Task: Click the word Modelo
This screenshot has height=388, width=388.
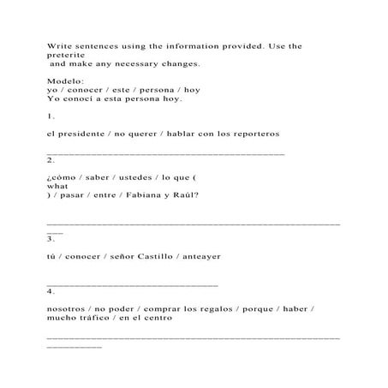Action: pos(63,81)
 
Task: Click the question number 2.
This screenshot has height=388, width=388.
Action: pos(51,159)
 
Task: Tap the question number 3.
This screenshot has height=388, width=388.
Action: pos(51,238)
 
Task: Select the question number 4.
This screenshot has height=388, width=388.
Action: pos(51,290)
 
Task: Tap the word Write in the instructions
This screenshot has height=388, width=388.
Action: pos(60,45)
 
